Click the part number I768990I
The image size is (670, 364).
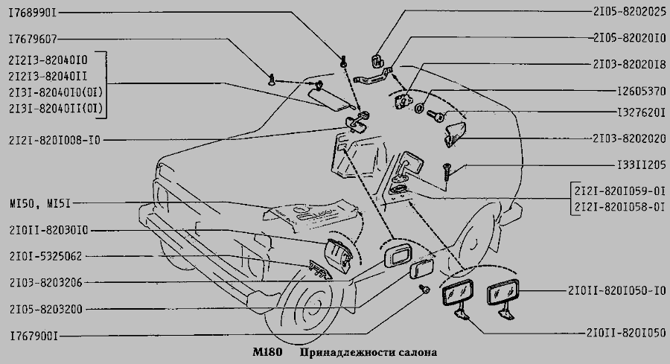tap(33, 13)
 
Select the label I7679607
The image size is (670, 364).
tap(33, 39)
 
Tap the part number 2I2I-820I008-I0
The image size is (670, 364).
tap(54, 140)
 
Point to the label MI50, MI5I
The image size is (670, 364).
tap(40, 203)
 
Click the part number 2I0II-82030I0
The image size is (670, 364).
tap(48, 231)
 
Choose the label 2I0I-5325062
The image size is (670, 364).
tap(45, 256)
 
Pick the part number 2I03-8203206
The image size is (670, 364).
tap(45, 282)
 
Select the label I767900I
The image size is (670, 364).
tap(33, 336)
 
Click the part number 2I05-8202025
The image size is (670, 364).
tap(629, 11)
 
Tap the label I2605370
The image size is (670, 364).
tap(642, 92)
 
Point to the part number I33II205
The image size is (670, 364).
tap(642, 165)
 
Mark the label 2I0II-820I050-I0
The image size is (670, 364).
tap(617, 290)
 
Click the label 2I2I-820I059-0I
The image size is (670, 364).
tap(620, 191)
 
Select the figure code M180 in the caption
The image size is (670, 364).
tap(267, 353)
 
